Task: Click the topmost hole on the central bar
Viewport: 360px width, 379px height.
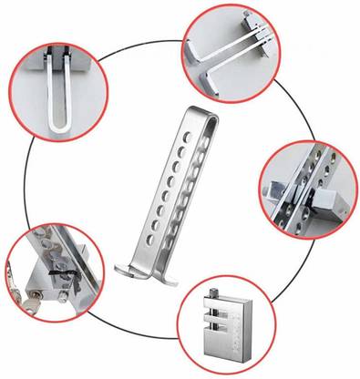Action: (x=189, y=134)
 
